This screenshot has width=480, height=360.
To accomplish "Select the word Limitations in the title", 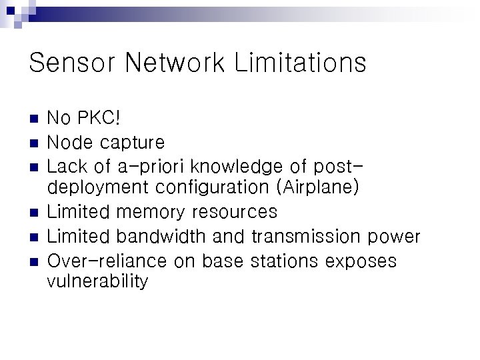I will coord(300,63).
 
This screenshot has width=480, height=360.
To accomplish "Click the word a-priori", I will coord(141,166).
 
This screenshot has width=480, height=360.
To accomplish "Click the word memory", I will coord(151,213).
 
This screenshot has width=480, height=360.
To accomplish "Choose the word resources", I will coord(234,213).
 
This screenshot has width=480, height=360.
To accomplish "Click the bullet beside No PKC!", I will coord(35,119).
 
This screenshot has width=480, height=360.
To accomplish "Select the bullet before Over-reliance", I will coord(35,261).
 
